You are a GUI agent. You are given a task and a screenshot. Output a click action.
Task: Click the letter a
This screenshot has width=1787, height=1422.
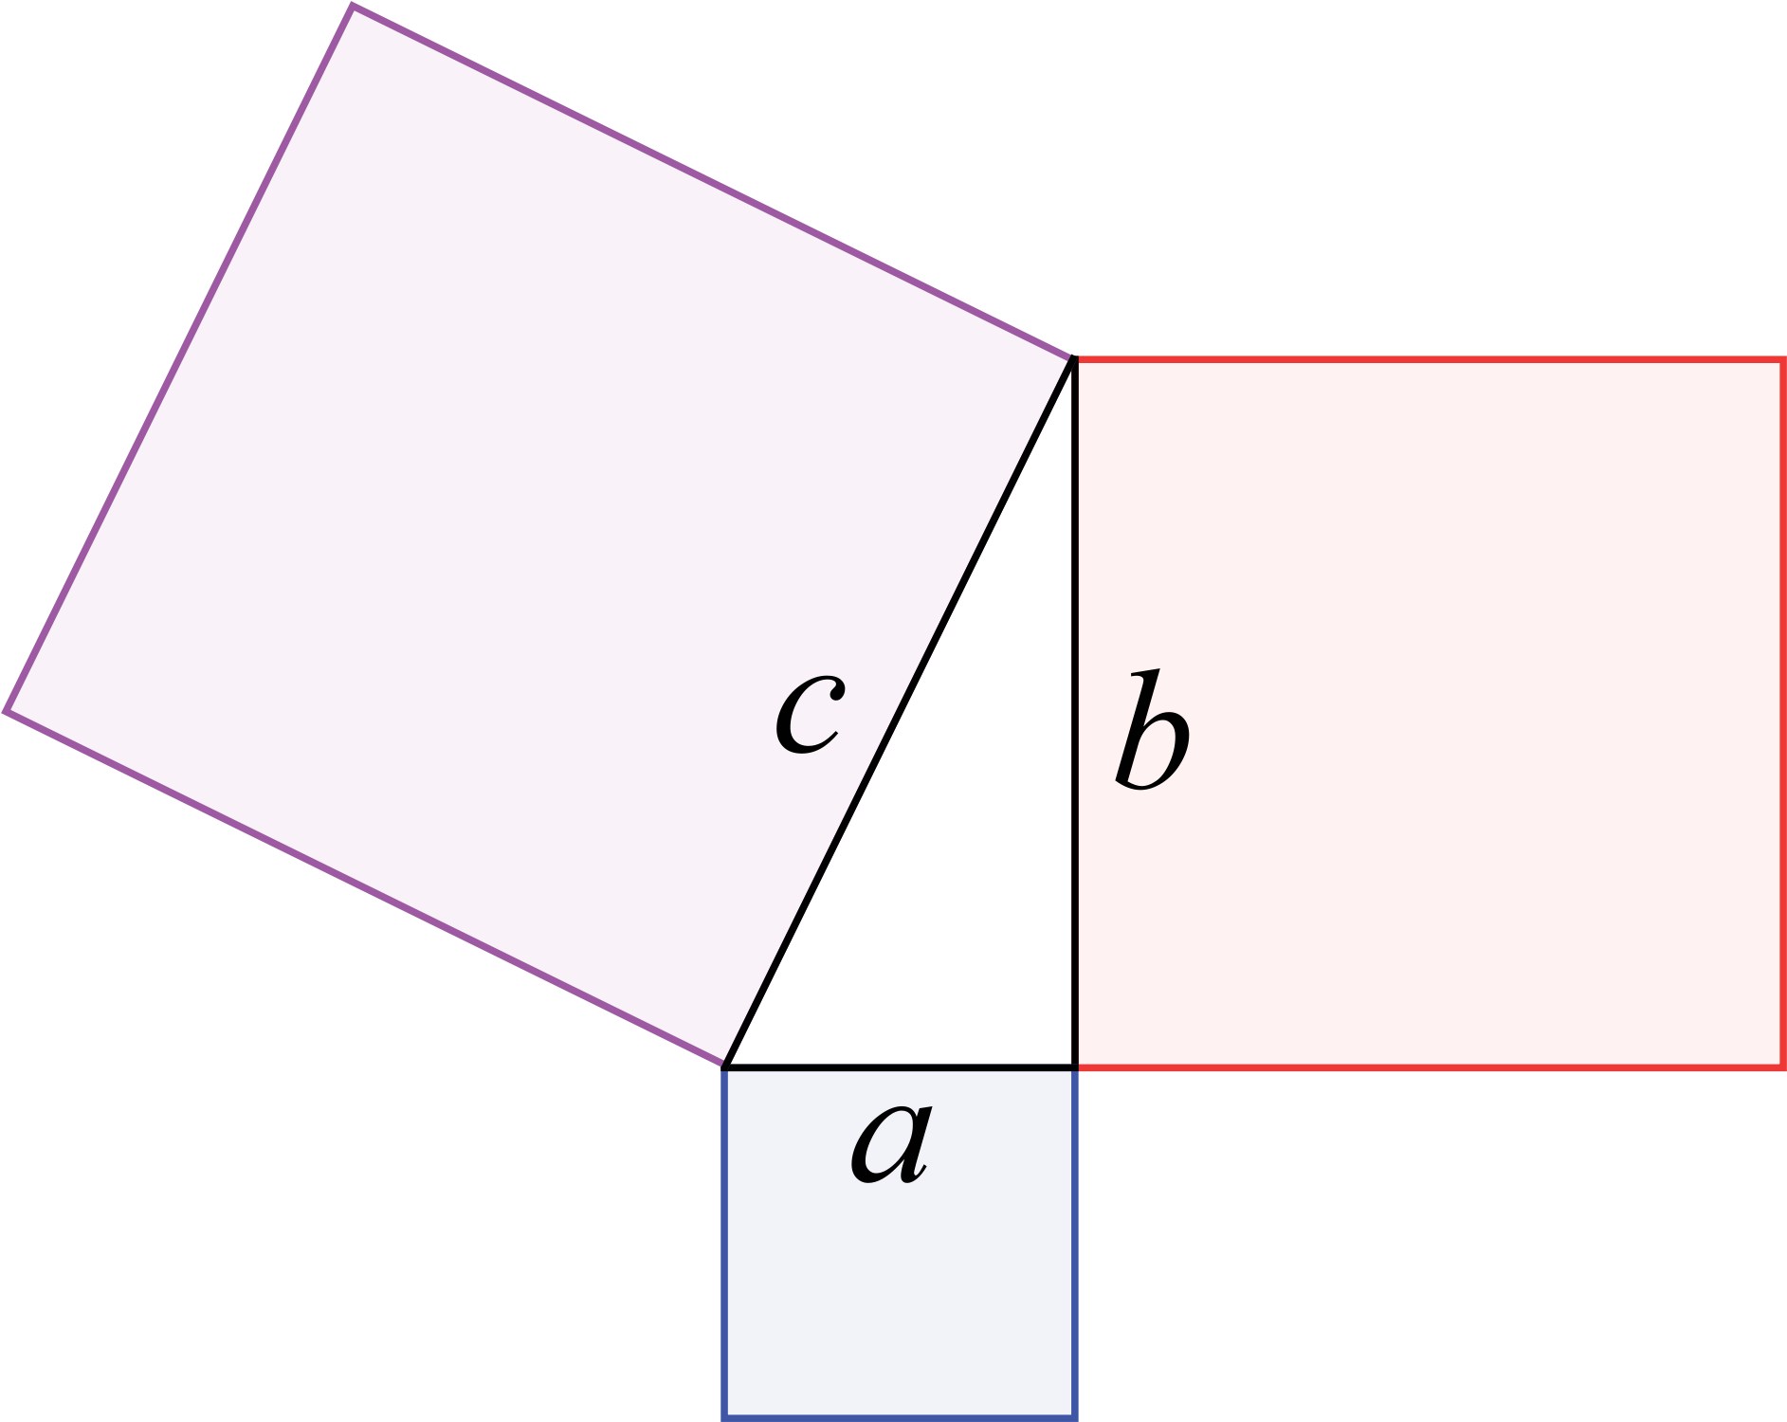[891, 1145]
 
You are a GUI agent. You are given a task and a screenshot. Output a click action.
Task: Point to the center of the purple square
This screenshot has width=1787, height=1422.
[538, 536]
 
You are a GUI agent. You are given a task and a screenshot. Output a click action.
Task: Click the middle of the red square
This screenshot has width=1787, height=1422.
[1431, 714]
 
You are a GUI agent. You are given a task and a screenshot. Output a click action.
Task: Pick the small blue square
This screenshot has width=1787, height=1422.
[900, 1244]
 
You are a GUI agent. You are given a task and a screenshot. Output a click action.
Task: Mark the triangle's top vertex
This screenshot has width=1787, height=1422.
[1074, 358]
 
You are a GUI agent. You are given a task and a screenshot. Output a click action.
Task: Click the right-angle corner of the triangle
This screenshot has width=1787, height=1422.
[1075, 1067]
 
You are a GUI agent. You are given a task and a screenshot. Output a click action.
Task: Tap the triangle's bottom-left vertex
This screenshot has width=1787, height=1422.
[725, 1066]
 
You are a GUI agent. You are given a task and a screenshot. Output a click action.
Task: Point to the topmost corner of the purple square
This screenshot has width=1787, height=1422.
[353, 6]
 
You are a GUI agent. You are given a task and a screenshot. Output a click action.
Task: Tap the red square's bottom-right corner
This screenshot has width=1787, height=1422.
[1783, 1068]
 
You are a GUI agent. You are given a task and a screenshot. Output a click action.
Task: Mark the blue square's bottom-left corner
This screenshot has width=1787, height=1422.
[724, 1418]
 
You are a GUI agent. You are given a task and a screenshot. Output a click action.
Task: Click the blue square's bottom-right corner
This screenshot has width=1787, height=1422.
[1075, 1418]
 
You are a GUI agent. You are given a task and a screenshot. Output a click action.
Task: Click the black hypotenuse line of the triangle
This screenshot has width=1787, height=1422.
[900, 713]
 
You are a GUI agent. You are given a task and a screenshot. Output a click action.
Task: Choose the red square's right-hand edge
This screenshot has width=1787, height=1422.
[1783, 714]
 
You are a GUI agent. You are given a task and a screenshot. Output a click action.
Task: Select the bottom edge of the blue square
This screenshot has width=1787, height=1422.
[900, 1418]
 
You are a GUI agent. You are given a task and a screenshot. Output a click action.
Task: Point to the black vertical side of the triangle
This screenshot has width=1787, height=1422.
[1075, 713]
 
